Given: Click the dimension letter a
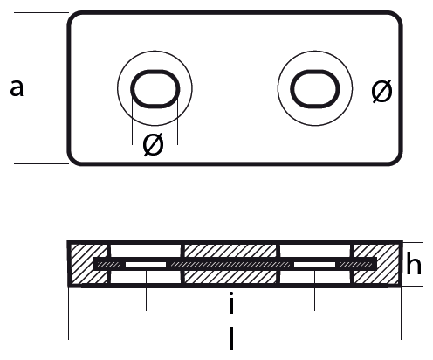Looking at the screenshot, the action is [17, 87].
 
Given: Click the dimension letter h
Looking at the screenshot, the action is [413, 264].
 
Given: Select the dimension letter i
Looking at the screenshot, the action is [231, 302].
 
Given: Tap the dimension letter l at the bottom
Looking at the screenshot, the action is [231, 338].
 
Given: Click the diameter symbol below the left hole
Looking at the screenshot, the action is [154, 144].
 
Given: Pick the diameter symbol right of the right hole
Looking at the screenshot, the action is [381, 91].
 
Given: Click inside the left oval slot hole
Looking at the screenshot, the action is [155, 89].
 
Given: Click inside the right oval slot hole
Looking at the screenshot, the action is [315, 89].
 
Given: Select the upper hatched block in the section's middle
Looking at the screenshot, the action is [230, 251].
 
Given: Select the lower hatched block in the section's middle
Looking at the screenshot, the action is [230, 277].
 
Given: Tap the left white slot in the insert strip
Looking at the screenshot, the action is [146, 265].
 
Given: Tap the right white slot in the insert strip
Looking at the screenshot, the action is [314, 265].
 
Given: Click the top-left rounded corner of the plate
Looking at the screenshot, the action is [72, 17].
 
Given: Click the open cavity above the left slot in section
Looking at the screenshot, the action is [146, 251].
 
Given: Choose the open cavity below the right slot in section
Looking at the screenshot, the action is [316, 277].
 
